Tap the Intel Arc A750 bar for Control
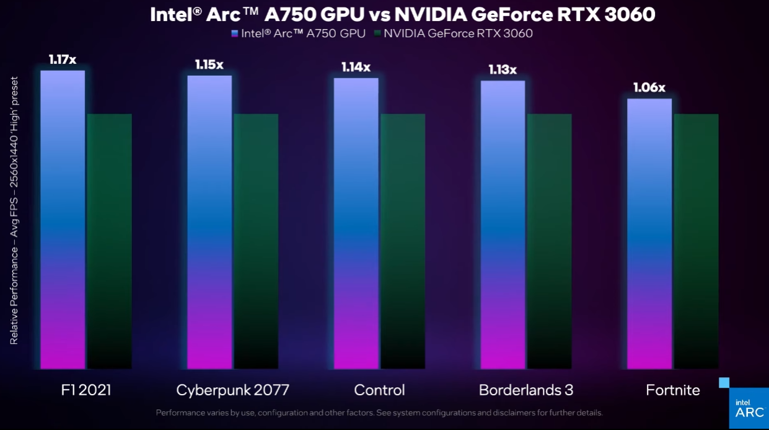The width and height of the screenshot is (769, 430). click(356, 223)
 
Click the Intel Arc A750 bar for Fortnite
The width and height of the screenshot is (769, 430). click(649, 233)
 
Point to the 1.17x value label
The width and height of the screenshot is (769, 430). click(63, 60)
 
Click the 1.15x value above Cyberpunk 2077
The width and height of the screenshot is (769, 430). click(209, 65)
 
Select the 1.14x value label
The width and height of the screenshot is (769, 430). click(356, 67)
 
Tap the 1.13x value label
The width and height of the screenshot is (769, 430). click(502, 69)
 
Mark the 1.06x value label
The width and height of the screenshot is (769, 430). click(649, 87)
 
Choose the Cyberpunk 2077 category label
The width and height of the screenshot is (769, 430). click(232, 390)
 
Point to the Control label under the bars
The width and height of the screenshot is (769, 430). click(379, 390)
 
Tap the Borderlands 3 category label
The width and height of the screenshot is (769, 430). click(525, 390)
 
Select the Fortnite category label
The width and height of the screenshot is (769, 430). click(672, 390)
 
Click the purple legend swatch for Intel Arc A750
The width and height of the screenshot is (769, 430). click(234, 34)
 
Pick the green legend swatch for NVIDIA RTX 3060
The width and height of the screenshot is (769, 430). click(377, 34)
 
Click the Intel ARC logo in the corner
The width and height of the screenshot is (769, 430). click(749, 408)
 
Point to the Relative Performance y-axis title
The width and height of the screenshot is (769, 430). click(14, 211)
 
